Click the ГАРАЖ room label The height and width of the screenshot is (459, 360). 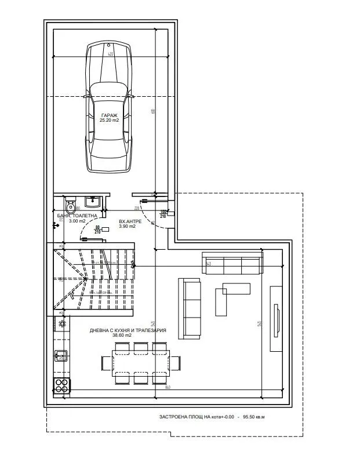click(109, 115)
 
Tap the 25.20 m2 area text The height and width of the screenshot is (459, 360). click(109, 121)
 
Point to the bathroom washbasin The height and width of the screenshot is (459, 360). click(92, 202)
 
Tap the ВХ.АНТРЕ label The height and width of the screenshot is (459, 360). click(128, 221)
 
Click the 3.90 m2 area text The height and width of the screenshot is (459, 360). click(127, 227)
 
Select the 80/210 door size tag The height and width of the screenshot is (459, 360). click(98, 230)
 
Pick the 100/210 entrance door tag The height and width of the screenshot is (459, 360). click(164, 214)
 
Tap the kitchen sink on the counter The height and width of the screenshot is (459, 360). click(60, 354)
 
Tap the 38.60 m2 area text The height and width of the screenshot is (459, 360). click(128, 336)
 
